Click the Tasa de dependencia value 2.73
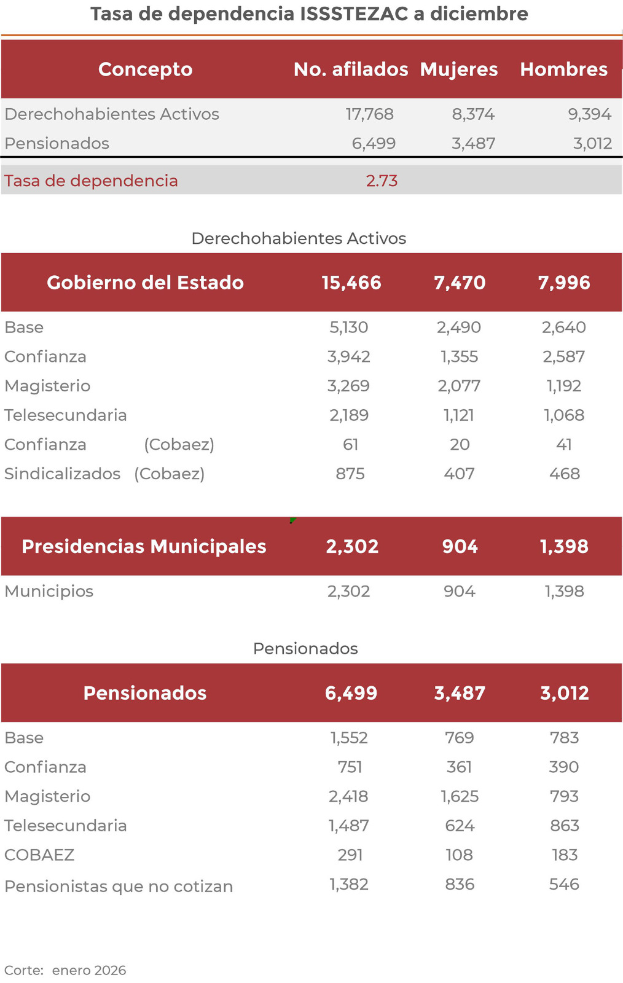pyautogui.click(x=382, y=181)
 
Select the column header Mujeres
pyautogui.click(x=459, y=69)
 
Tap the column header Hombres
pyautogui.click(x=563, y=69)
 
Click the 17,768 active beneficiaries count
pyautogui.click(x=369, y=114)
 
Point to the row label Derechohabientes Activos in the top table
pyautogui.click(x=112, y=114)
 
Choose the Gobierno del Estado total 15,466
pyautogui.click(x=351, y=283)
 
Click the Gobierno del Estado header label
pyautogui.click(x=145, y=283)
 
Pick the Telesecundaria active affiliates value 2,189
pyautogui.click(x=349, y=415)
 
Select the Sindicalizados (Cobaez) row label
pyautogui.click(x=104, y=474)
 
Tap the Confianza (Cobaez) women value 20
pyautogui.click(x=460, y=444)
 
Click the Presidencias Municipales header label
pyautogui.click(x=144, y=546)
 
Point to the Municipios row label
pyautogui.click(x=49, y=591)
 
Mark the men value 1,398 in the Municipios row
pyautogui.click(x=564, y=591)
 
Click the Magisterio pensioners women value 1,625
pyautogui.click(x=460, y=796)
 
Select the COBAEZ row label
pyautogui.click(x=39, y=855)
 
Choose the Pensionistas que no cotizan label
pyautogui.click(x=119, y=886)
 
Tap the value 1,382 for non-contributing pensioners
pyautogui.click(x=349, y=884)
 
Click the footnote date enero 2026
pyautogui.click(x=89, y=970)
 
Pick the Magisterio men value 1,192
pyautogui.click(x=564, y=386)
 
